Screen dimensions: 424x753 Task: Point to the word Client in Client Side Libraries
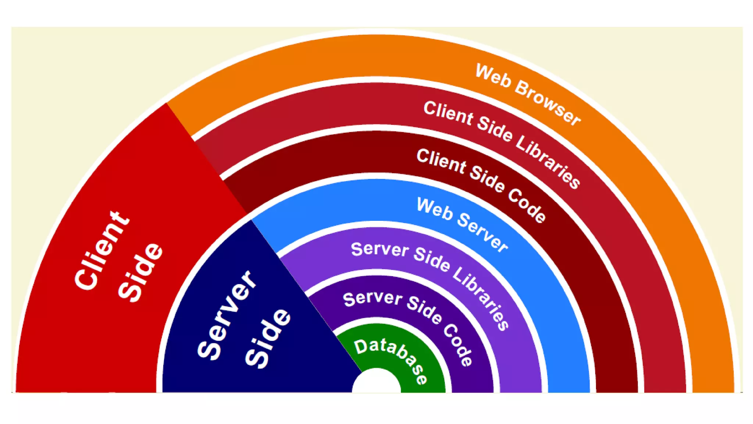tap(448, 113)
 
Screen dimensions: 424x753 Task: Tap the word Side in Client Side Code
tap(487, 179)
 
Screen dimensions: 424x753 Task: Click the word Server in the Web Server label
tap(482, 232)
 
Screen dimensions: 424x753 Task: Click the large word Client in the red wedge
tap(101, 250)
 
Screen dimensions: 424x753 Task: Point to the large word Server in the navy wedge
tap(226, 315)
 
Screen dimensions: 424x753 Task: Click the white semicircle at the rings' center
tap(376, 383)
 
